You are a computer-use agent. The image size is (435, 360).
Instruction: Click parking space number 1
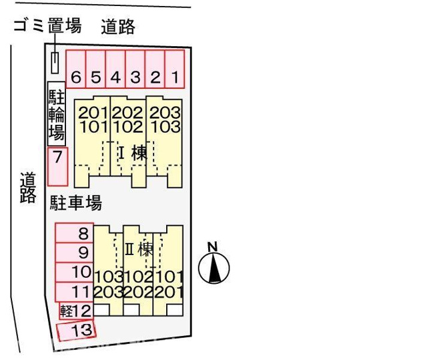click(x=175, y=69)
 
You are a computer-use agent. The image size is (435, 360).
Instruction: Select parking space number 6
click(x=76, y=69)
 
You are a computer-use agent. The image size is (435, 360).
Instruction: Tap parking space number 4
click(x=115, y=69)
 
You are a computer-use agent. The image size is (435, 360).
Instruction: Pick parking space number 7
click(x=57, y=167)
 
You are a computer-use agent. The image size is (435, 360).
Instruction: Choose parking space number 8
click(x=74, y=233)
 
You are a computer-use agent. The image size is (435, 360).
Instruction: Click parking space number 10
click(x=74, y=273)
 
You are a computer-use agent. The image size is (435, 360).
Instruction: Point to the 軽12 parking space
click(x=76, y=311)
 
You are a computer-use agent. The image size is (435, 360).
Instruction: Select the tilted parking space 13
click(x=76, y=331)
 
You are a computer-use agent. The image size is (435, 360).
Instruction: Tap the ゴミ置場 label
click(x=48, y=25)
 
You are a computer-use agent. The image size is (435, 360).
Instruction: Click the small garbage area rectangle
click(x=55, y=63)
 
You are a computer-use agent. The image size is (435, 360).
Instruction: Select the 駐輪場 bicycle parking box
click(x=57, y=114)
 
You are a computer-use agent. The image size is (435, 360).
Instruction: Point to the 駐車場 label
click(x=76, y=203)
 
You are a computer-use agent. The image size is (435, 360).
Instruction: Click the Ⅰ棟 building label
click(x=133, y=153)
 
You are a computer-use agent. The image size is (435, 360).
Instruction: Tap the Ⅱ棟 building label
click(x=139, y=249)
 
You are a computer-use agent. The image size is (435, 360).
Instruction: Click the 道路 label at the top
click(x=118, y=27)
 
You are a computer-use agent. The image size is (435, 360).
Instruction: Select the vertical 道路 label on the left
click(x=28, y=188)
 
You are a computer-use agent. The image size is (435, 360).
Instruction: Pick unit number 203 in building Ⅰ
click(x=165, y=113)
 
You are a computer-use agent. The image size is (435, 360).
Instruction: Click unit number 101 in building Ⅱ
click(x=169, y=277)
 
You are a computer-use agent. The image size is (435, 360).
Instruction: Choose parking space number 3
click(x=135, y=69)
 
